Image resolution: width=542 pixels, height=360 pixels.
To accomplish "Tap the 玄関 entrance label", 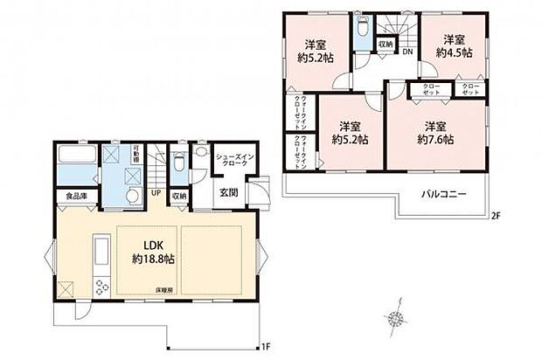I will click(x=226, y=193).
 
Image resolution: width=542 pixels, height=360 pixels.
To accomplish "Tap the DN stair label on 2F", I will click(x=407, y=52).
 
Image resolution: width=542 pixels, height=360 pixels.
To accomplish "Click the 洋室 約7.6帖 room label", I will click(x=434, y=132).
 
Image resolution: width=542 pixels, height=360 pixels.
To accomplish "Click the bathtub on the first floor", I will click(x=77, y=163).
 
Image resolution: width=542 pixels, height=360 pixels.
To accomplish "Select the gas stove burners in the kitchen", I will click(x=101, y=287).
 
